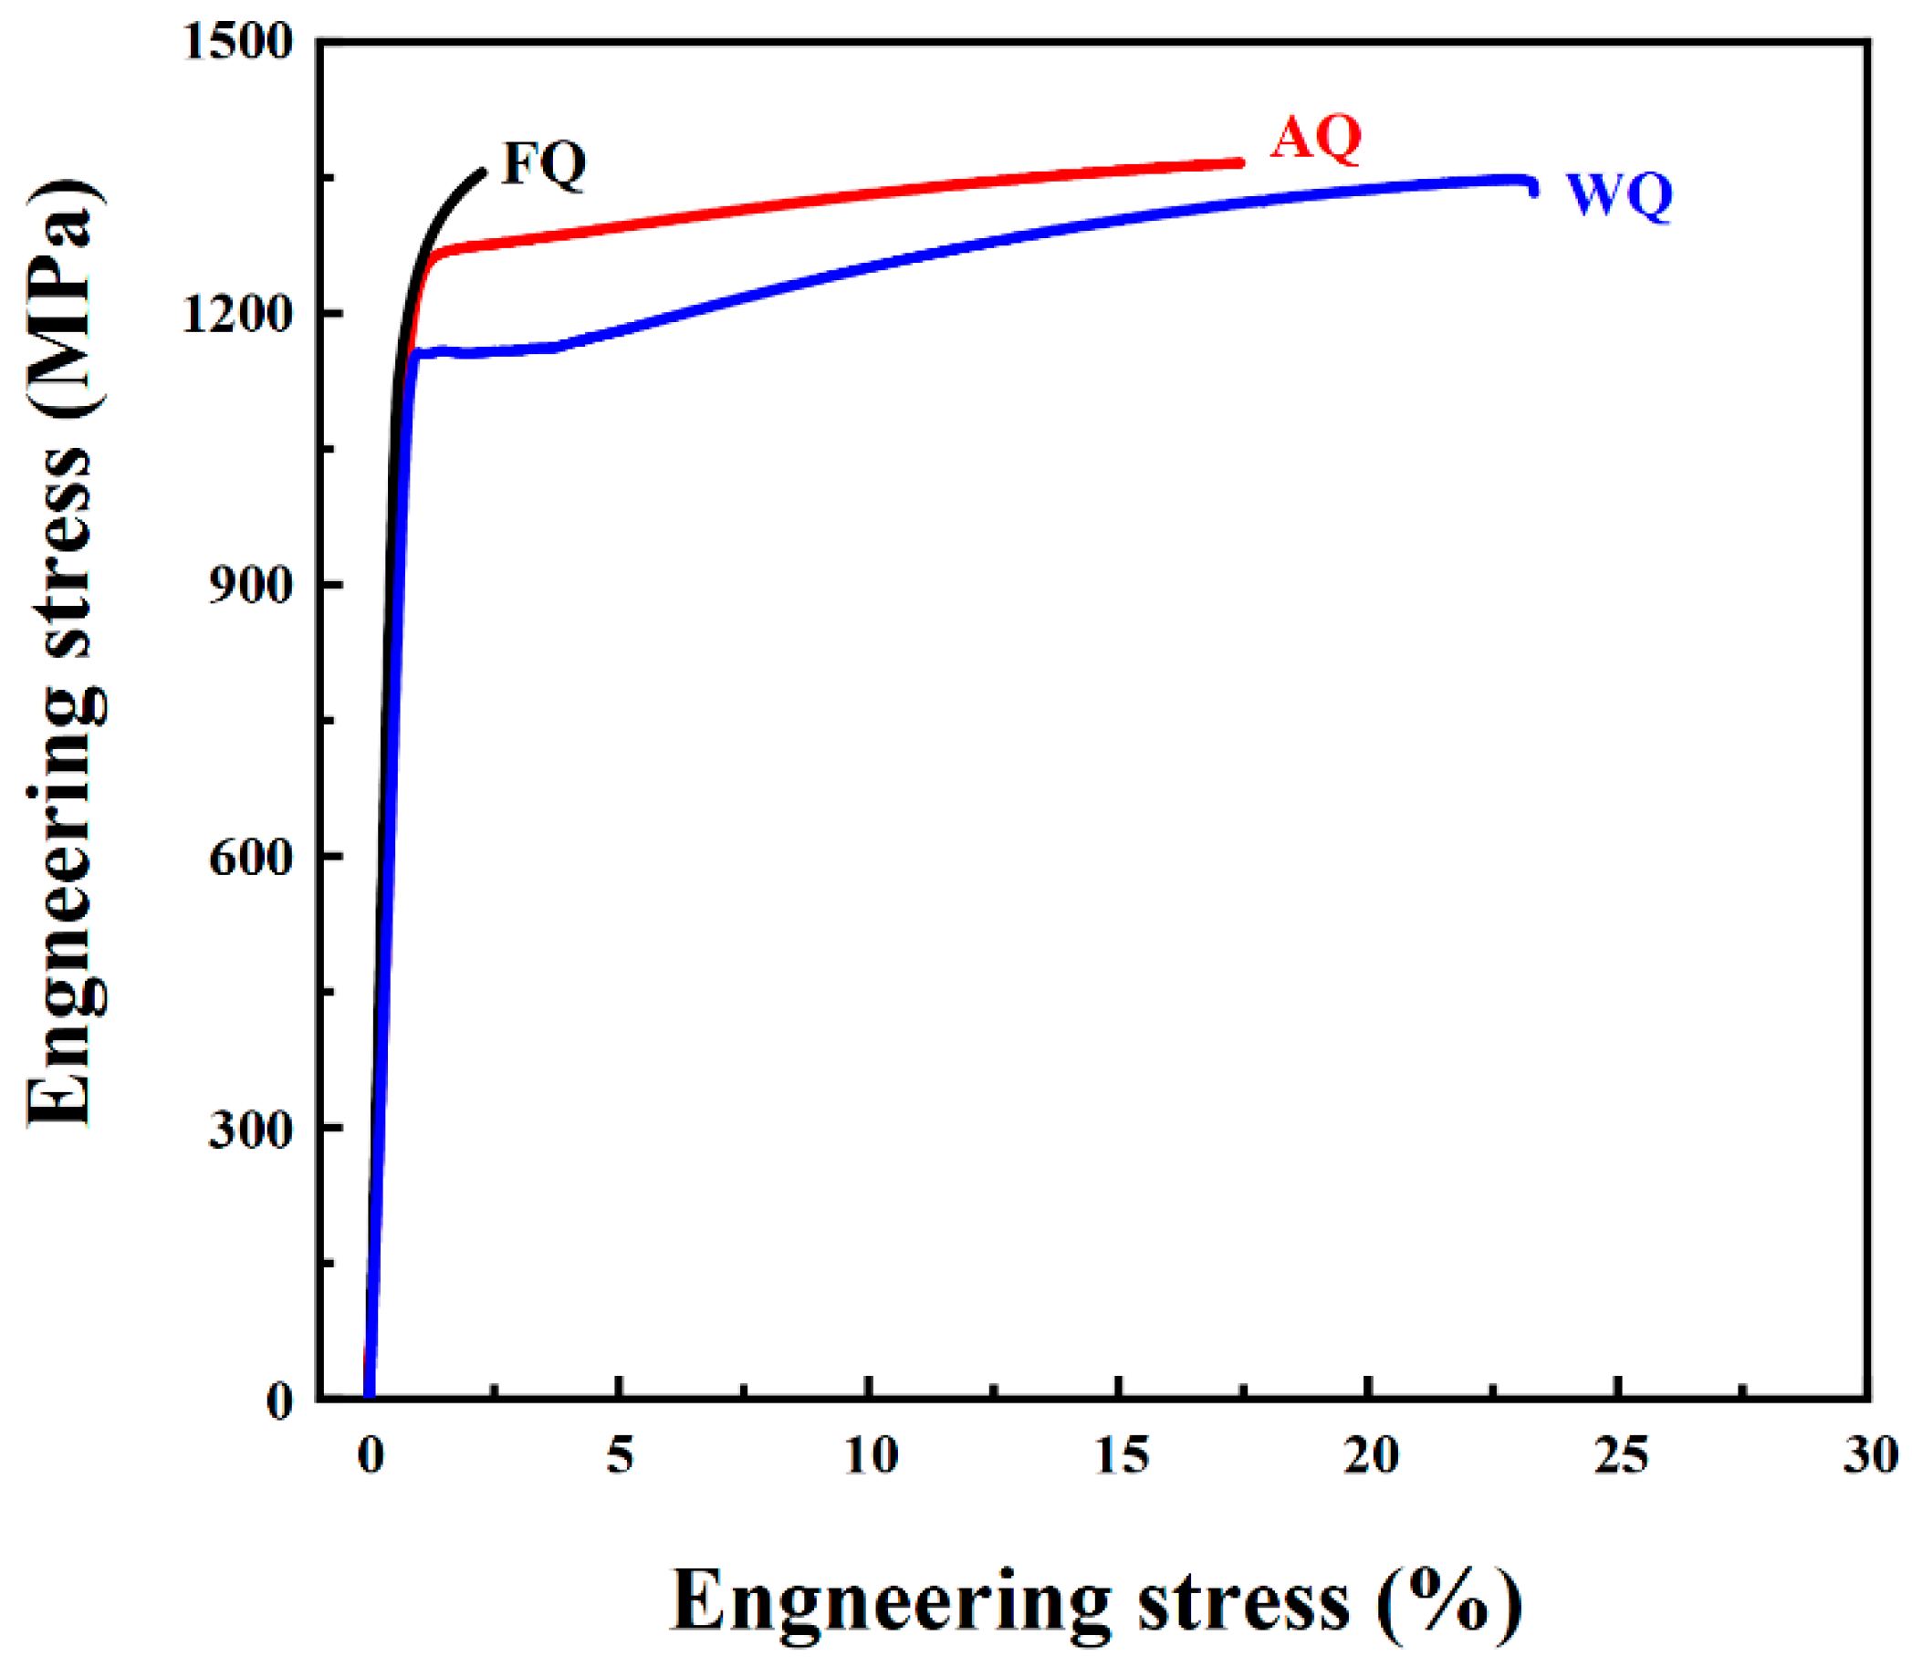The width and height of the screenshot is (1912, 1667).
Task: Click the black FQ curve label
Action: (543, 163)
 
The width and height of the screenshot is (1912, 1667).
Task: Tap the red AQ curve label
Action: (1316, 138)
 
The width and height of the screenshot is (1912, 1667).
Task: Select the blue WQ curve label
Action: (1619, 195)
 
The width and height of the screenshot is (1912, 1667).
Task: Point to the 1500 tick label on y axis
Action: (238, 42)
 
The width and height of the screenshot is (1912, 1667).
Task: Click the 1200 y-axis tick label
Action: (238, 315)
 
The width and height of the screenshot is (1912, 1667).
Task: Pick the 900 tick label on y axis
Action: (249, 585)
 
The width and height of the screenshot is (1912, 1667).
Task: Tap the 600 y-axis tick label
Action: (249, 856)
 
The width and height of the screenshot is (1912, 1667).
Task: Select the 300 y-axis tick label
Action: (249, 1129)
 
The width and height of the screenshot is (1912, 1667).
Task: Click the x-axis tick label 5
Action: (620, 1455)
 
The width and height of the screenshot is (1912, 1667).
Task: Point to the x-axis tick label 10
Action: (870, 1455)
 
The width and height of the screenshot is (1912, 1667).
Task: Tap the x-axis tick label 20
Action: (1371, 1455)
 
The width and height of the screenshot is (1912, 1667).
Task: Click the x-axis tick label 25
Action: (1621, 1455)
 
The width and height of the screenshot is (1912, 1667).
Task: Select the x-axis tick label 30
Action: (1870, 1455)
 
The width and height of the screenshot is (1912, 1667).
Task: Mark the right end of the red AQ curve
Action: (1239, 162)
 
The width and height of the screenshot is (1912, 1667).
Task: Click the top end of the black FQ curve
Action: (482, 172)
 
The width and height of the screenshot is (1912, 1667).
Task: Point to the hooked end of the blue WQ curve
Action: (1532, 190)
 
